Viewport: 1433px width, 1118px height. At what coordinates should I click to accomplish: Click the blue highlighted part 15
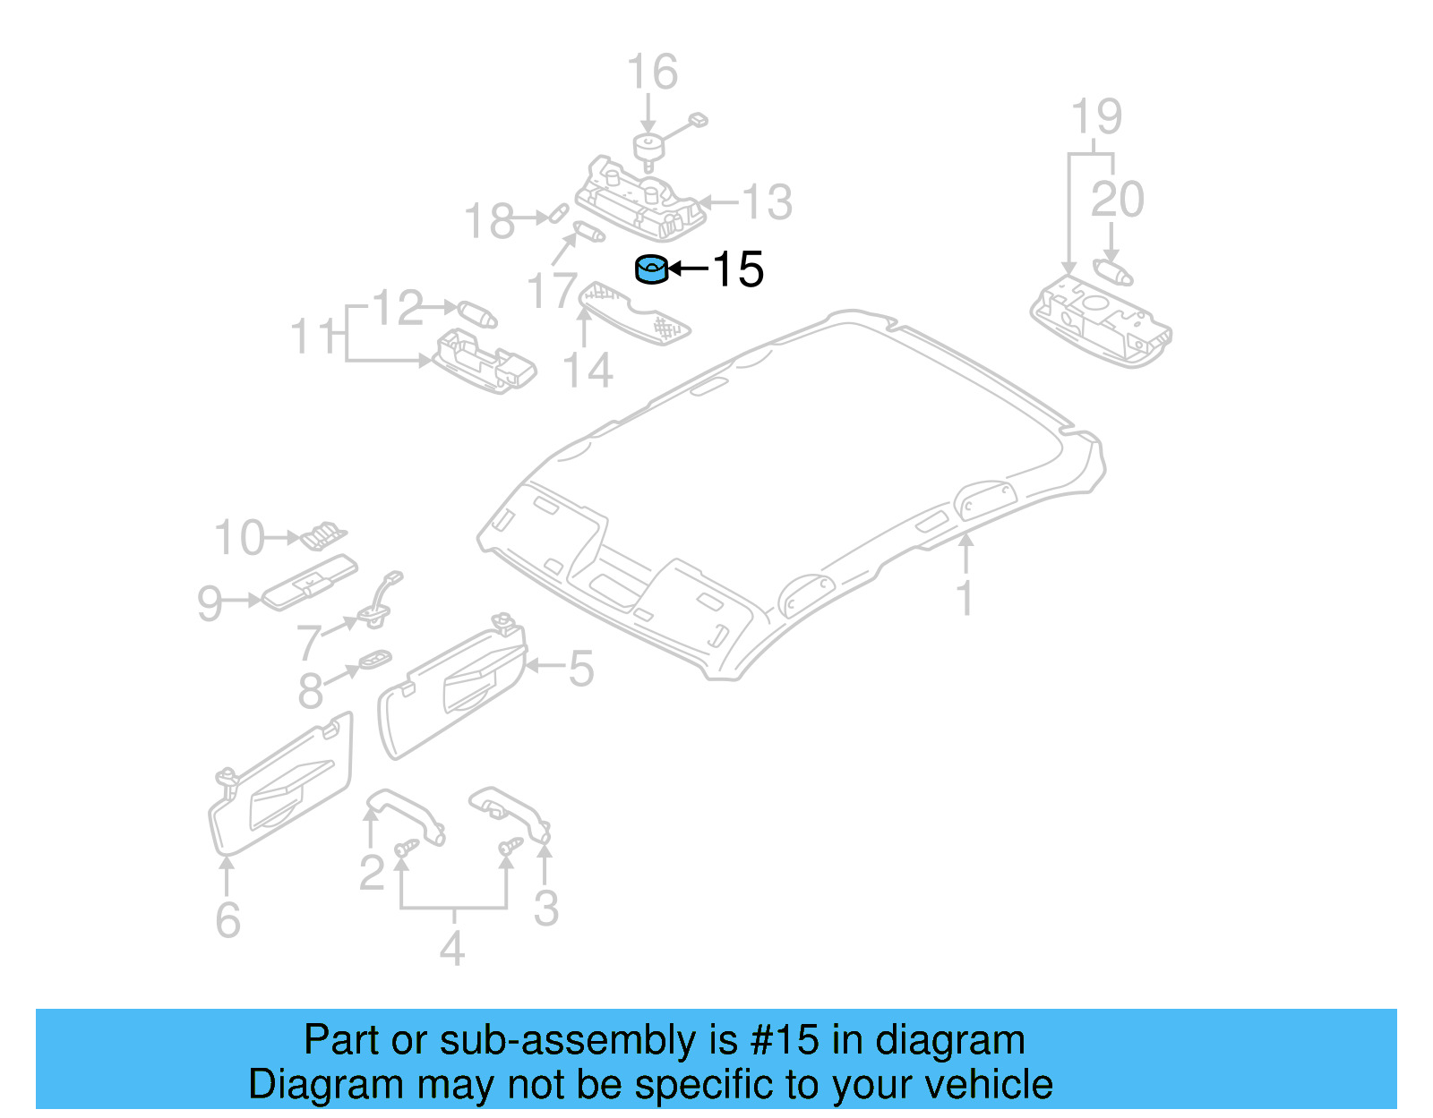pos(651,269)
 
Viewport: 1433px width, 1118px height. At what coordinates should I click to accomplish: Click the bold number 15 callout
pos(738,269)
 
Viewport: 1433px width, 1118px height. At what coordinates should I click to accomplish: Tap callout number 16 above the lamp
pos(652,73)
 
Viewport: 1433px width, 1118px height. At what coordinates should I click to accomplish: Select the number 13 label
pos(768,202)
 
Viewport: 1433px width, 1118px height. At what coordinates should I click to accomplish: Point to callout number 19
pos(1096,117)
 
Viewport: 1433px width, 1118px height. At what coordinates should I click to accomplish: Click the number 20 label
pos(1117,199)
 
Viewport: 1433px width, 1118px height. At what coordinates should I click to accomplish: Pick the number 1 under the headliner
pos(965,598)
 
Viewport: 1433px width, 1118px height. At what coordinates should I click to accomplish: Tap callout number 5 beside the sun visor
pos(581,669)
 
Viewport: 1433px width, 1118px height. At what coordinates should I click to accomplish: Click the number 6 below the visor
pos(228,920)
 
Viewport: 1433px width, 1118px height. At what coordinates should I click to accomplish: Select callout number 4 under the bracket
pos(452,949)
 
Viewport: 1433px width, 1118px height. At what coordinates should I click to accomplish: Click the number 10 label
pos(240,538)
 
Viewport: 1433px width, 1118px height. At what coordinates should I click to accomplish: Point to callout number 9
pos(210,603)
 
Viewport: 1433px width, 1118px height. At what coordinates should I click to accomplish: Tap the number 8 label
pos(311,690)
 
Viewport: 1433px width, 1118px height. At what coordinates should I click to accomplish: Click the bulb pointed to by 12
pos(477,314)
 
